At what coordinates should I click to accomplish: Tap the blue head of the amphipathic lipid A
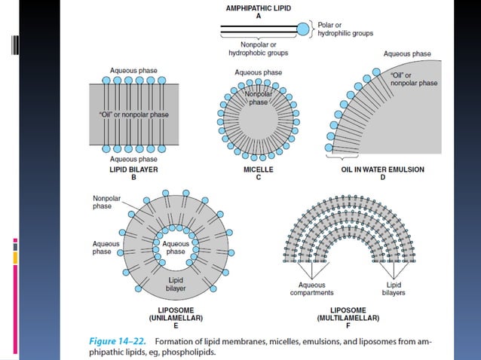302,29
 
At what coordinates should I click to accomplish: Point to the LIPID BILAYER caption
127,170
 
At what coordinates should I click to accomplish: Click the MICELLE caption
259,170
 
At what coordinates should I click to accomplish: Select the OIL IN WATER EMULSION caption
384,170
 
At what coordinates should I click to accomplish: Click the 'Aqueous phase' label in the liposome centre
176,248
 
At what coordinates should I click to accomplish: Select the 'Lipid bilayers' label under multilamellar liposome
394,289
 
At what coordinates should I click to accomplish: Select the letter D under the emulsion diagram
384,179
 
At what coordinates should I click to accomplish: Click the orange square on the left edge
15,258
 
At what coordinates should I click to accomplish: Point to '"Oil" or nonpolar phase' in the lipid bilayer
133,114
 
